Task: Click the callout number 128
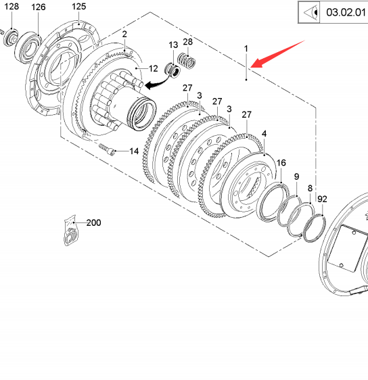click(11, 6)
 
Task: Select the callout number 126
click(39, 7)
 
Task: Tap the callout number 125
click(78, 6)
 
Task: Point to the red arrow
click(277, 54)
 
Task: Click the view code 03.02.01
click(346, 12)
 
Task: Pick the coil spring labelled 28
click(187, 61)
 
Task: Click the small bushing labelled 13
click(172, 70)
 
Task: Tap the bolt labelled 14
click(106, 149)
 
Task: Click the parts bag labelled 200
click(71, 230)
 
